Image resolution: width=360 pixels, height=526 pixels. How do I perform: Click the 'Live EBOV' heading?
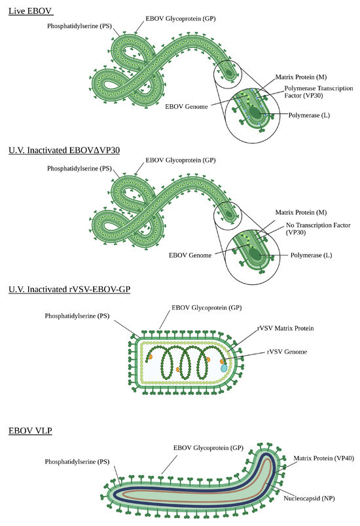(x=30, y=10)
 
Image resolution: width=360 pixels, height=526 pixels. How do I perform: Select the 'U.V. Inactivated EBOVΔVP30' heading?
(x=64, y=150)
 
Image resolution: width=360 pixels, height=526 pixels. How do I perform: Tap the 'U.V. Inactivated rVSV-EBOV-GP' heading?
(x=69, y=289)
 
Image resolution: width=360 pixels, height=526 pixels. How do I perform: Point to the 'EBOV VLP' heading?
(x=30, y=430)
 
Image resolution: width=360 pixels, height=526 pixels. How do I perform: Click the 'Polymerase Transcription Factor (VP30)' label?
(x=318, y=92)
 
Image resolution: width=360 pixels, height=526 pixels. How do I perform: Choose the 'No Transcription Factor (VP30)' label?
(x=318, y=229)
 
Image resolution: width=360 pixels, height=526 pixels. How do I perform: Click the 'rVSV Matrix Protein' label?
(x=285, y=328)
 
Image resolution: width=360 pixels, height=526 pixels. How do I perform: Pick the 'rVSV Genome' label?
(x=287, y=352)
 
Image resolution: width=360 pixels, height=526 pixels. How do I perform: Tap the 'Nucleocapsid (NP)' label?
(x=309, y=498)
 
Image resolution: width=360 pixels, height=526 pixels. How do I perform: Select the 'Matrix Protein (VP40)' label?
(x=324, y=458)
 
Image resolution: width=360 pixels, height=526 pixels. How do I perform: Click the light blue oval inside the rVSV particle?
(x=224, y=367)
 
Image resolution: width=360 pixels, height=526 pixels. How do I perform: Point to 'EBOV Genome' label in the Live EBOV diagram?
(x=187, y=106)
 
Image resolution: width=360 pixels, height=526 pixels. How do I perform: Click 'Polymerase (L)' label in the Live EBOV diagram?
(x=309, y=115)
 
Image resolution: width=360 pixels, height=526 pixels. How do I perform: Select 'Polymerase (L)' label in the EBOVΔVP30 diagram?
(x=311, y=255)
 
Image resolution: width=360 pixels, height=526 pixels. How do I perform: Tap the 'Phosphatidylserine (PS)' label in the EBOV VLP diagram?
(x=77, y=462)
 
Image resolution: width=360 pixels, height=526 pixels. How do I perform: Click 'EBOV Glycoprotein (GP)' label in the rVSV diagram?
(x=206, y=308)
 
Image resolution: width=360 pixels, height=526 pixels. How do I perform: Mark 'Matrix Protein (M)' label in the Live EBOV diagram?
(x=301, y=77)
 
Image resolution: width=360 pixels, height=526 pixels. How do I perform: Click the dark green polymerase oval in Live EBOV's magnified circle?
(x=255, y=113)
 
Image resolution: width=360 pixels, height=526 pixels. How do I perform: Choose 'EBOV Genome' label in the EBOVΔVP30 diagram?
(x=190, y=255)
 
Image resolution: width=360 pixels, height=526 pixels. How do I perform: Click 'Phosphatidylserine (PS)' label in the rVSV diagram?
(x=77, y=316)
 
